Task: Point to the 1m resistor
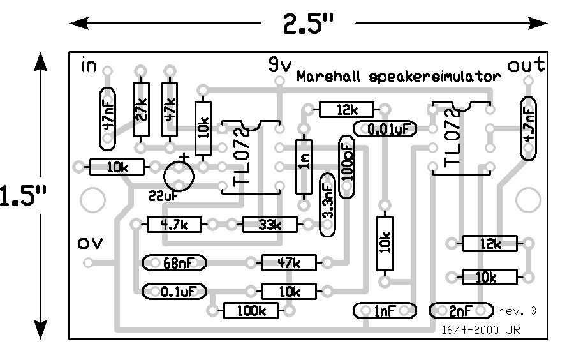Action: pyautogui.click(x=304, y=166)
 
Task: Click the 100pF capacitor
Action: pyautogui.click(x=348, y=167)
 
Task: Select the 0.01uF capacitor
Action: pyautogui.click(x=385, y=130)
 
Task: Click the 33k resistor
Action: pyautogui.click(x=270, y=225)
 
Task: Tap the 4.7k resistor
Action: pyautogui.click(x=173, y=225)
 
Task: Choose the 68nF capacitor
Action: pyautogui.click(x=174, y=262)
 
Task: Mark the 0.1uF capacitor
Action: pyautogui.click(x=174, y=292)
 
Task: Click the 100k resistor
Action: pyautogui.click(x=251, y=311)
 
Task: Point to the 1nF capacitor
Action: pyautogui.click(x=385, y=311)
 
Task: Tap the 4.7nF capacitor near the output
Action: pyautogui.click(x=528, y=128)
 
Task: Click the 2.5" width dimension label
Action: pyautogui.click(x=308, y=24)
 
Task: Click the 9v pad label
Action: pyautogui.click(x=279, y=64)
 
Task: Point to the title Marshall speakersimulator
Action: pyautogui.click(x=398, y=77)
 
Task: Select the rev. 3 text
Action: pyautogui.click(x=517, y=311)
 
